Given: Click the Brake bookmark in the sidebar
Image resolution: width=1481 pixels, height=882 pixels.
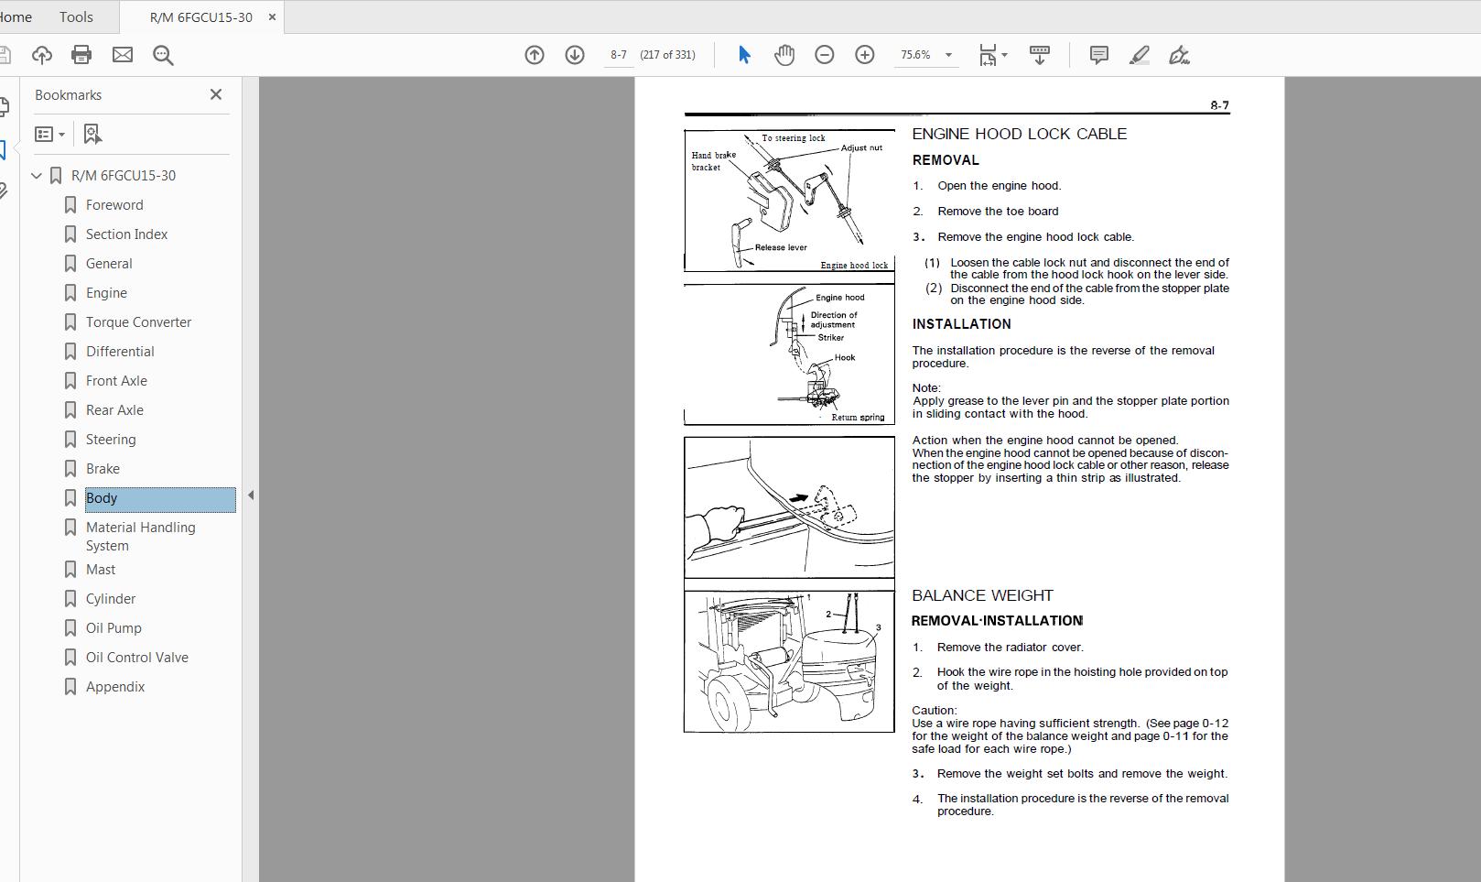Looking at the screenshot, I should pos(103,469).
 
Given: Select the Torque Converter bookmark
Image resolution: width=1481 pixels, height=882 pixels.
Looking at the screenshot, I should pos(138,322).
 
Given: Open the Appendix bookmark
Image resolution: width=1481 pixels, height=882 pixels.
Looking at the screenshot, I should pos(115,687).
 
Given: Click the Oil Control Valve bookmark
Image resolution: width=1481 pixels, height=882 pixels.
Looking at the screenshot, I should pos(136,658).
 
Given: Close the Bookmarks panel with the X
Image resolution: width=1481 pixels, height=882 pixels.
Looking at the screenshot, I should pos(216,94).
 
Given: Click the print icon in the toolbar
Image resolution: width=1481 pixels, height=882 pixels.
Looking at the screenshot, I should pos(81,55).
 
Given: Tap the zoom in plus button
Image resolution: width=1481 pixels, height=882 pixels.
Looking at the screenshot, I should pos(864,55).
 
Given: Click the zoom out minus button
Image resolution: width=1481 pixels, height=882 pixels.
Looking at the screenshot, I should pos(824,55).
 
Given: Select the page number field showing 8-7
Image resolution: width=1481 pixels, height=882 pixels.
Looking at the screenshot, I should pos(619,55).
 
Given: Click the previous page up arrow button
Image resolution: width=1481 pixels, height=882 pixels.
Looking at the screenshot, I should pos(535,55).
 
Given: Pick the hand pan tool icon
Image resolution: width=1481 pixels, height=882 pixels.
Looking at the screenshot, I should pos(784,55).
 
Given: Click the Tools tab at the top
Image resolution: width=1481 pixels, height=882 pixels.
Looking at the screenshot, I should pos(76,16).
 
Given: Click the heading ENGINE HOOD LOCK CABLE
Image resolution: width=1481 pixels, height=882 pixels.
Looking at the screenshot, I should pos(1019,134).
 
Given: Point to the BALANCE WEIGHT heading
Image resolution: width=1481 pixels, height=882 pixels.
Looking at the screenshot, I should pos(982,595).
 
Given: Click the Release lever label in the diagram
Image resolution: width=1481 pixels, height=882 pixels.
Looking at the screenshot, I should pos(781,247).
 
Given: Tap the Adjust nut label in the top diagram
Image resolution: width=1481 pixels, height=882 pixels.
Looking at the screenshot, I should pos(861,147).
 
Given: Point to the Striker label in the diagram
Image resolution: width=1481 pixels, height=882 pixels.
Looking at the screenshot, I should pos(830,337).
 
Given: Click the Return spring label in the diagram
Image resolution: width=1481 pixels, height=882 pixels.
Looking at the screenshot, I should pos(858,418).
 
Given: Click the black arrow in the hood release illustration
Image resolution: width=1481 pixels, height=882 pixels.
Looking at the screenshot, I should pos(798,499).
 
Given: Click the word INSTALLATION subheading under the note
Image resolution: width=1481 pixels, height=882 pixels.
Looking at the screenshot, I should pos(961,324).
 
